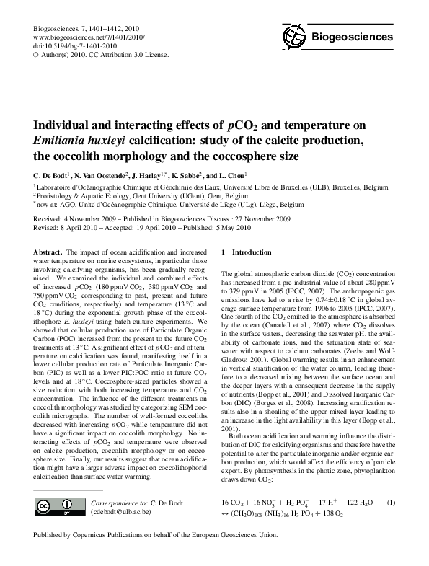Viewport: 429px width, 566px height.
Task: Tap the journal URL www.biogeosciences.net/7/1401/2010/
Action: (79, 36)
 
